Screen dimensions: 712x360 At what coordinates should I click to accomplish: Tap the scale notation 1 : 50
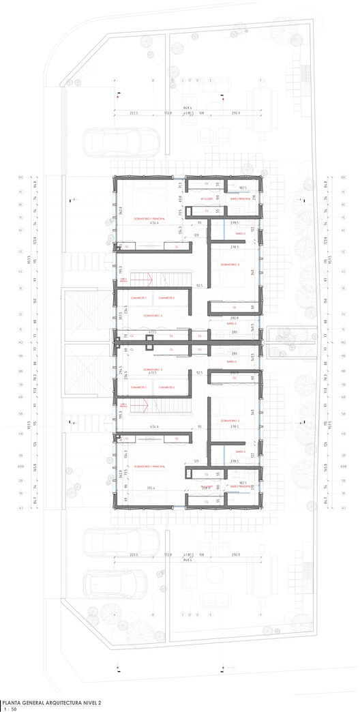click(x=10, y=708)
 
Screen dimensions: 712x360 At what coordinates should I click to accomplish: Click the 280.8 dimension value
click(x=234, y=318)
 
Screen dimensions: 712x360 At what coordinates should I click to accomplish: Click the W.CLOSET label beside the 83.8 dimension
click(x=207, y=198)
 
